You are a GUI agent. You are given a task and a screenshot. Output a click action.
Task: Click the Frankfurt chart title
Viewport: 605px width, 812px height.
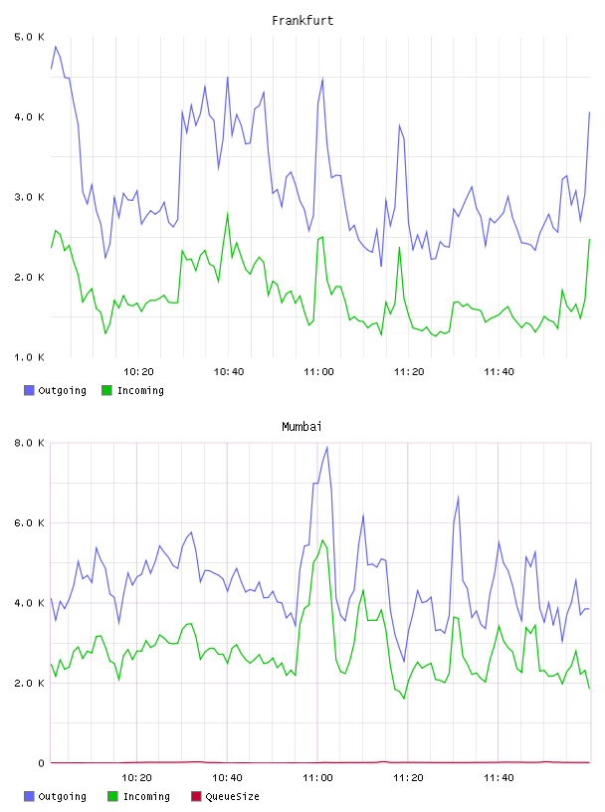302,21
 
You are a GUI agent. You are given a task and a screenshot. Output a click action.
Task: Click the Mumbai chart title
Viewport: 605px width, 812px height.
302,427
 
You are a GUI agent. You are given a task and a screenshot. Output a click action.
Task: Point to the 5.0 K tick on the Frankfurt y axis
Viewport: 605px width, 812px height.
29,37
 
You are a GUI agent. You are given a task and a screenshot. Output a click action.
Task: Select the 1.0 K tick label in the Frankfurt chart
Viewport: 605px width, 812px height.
29,357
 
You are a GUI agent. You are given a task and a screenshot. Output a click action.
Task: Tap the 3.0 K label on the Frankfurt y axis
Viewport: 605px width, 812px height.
29,197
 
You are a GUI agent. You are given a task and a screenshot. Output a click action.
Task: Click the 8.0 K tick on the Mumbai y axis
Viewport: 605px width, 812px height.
29,443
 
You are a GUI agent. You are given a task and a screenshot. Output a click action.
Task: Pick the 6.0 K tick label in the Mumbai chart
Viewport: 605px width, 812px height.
29,523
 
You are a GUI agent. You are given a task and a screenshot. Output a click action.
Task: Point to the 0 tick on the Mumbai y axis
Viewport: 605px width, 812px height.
41,763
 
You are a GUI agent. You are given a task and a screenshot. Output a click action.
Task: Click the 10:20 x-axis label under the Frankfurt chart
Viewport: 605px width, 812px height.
138,372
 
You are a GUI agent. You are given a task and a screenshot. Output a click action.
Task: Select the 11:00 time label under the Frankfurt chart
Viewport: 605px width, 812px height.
318,372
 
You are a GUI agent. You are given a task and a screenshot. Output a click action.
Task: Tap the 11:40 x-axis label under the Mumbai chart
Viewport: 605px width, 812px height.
499,778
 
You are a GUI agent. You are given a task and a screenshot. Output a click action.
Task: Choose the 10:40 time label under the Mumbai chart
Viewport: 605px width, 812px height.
228,778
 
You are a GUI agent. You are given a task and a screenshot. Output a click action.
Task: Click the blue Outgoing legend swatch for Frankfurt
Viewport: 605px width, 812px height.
29,390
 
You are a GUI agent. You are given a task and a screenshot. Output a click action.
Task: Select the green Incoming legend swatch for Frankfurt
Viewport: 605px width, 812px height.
106,390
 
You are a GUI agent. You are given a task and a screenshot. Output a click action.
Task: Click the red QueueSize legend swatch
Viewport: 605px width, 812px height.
196,796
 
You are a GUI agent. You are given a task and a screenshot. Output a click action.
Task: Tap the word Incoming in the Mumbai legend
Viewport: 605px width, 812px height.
146,797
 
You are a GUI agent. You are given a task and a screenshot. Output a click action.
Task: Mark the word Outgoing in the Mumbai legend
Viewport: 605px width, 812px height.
62,797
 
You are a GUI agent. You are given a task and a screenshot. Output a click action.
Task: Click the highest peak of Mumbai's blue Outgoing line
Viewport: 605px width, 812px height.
326,447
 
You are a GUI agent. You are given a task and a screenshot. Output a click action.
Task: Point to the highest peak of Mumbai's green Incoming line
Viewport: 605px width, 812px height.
322,540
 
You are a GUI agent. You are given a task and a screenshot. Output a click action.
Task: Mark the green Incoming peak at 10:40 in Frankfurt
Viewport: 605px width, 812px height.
228,213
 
